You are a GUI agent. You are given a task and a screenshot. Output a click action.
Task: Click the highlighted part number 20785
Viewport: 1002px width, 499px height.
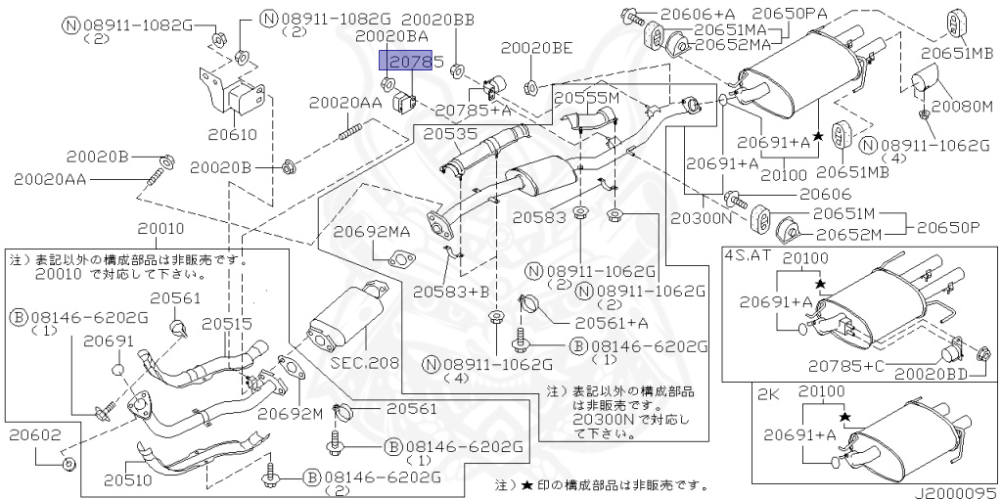coord(411,64)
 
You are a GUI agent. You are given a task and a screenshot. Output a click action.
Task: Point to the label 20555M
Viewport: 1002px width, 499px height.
coord(587,99)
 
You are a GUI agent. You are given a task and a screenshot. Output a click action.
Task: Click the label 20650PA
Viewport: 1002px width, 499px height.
coord(789,13)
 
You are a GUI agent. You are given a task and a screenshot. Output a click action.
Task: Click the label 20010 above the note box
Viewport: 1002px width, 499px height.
coord(160,228)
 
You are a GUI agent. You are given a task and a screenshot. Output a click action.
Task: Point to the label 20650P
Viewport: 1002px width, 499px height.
coord(948,227)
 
